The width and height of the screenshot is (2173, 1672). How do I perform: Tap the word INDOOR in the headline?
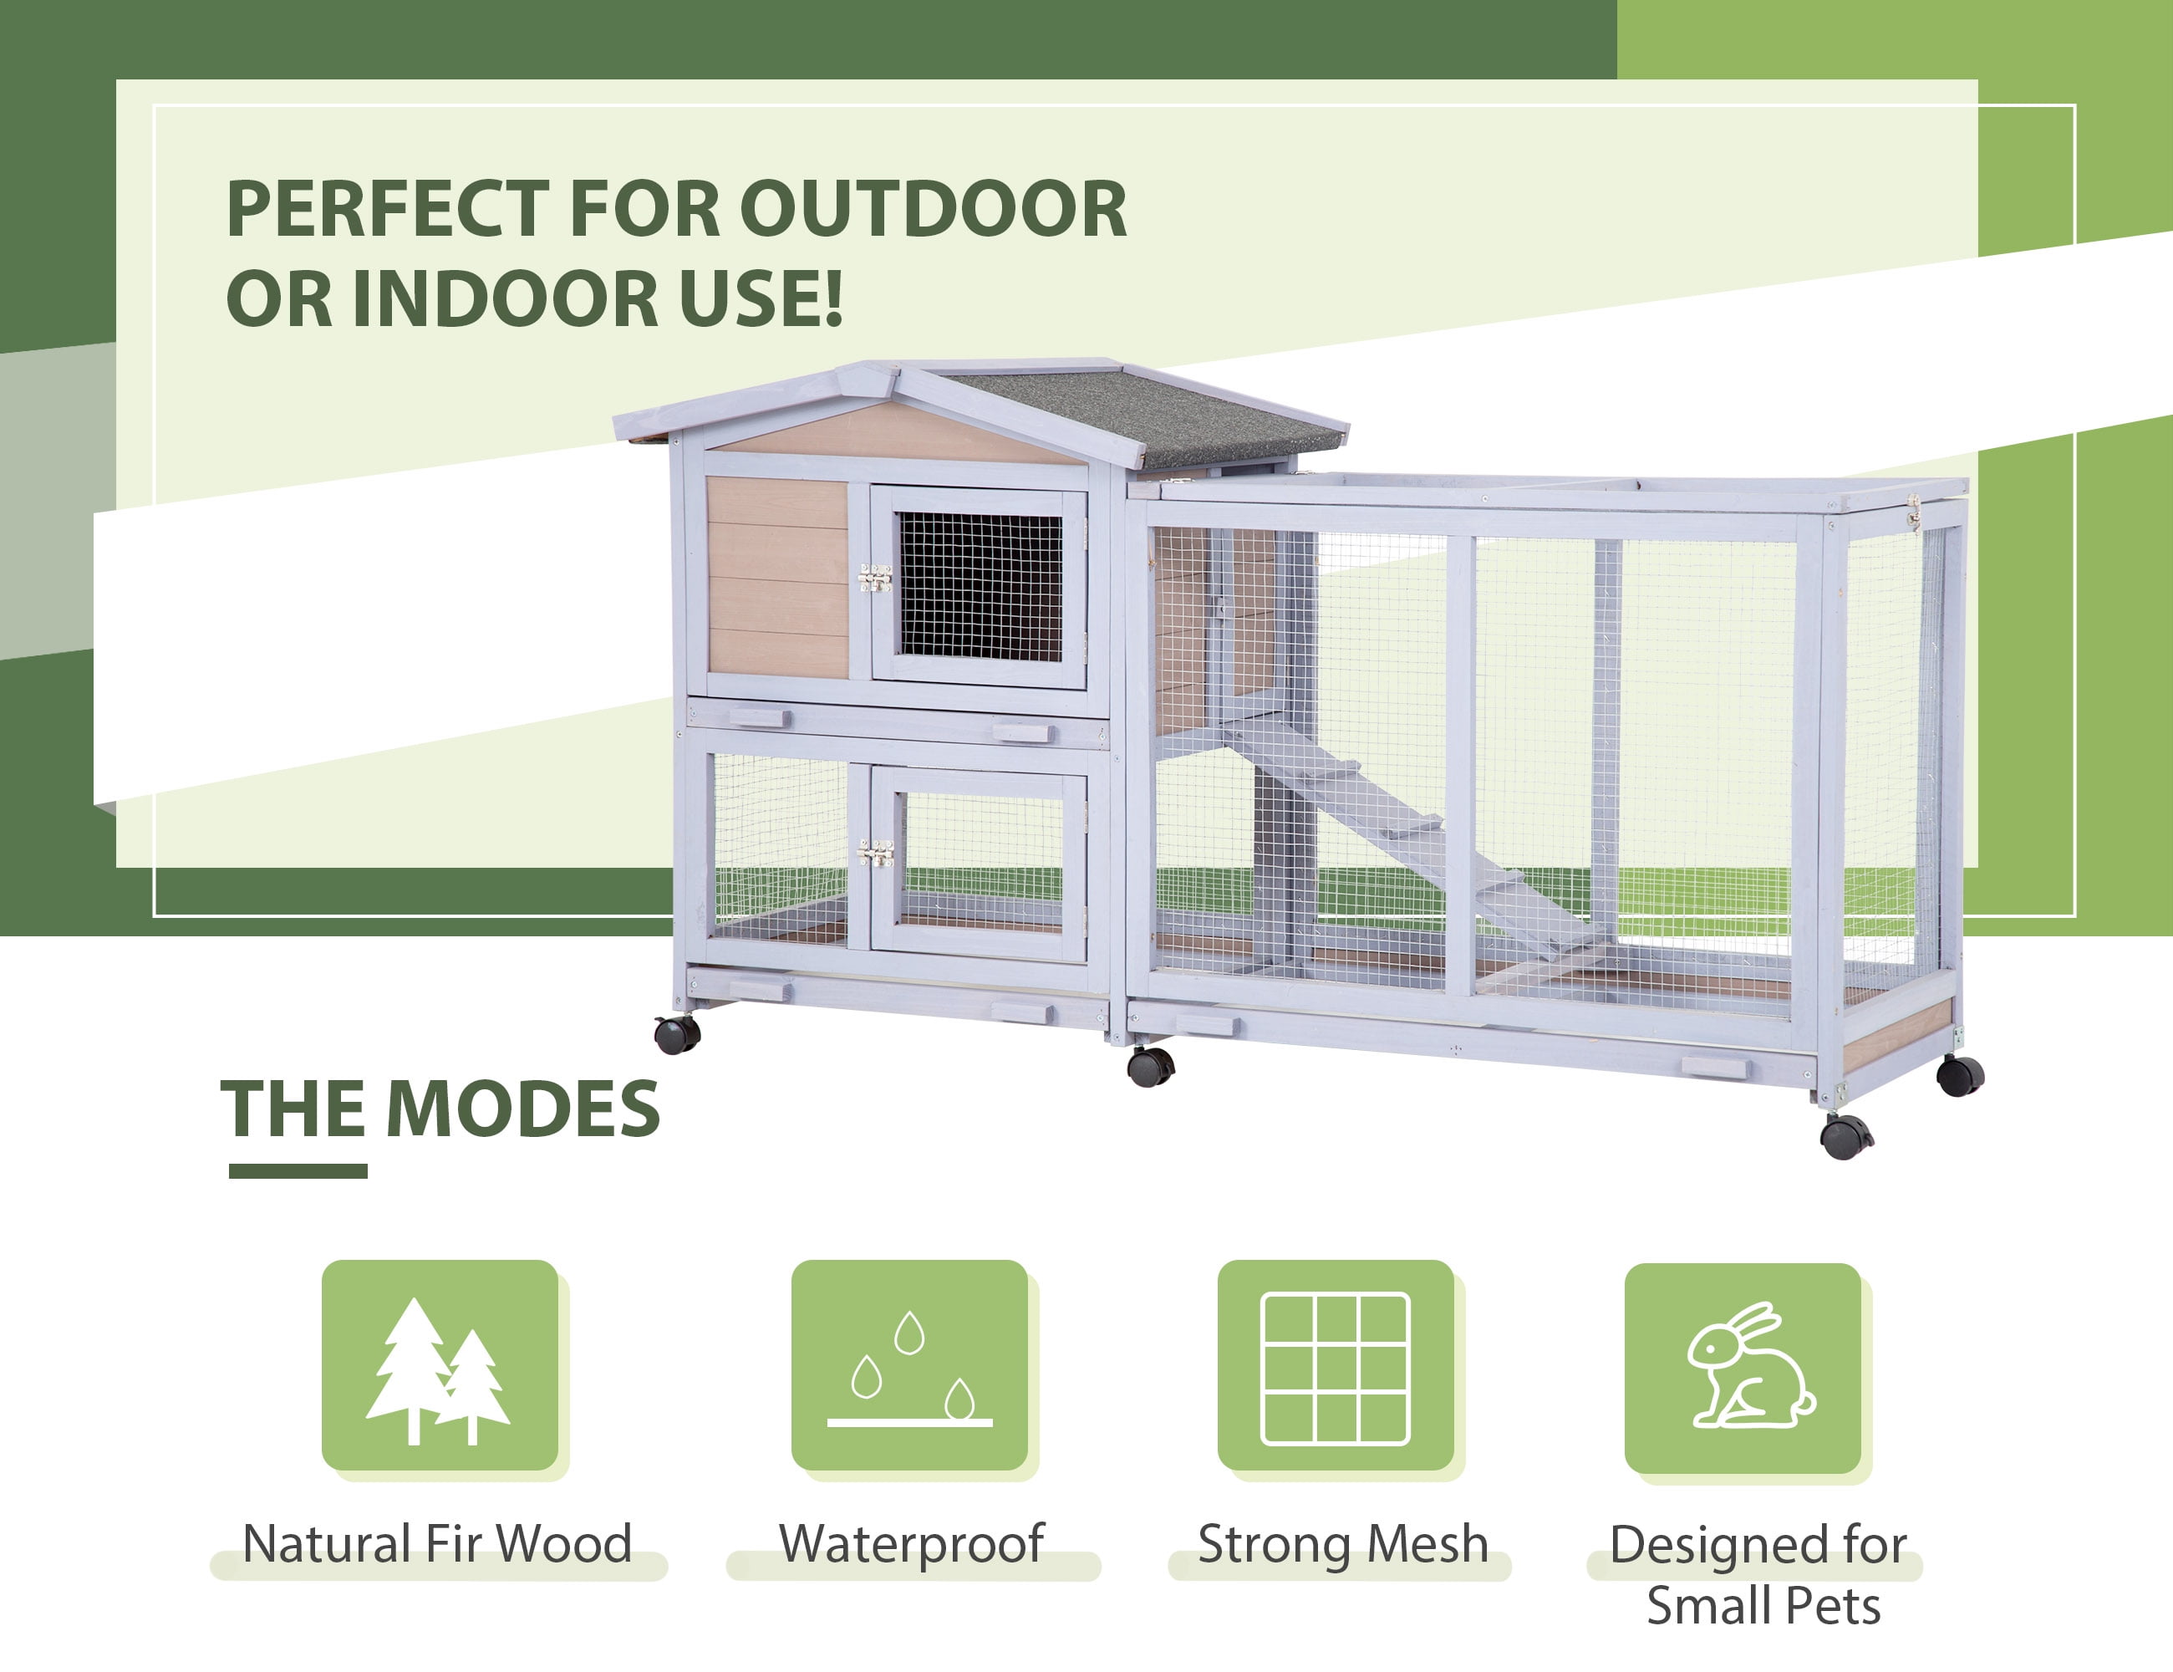click(505, 298)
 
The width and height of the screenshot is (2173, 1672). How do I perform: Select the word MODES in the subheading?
click(522, 1109)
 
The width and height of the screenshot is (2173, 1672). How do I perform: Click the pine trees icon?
click(438, 1370)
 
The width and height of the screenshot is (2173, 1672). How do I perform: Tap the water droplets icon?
click(909, 1369)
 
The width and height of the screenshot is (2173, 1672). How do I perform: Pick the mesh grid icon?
click(1336, 1369)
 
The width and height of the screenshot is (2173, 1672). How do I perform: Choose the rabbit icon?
click(1751, 1365)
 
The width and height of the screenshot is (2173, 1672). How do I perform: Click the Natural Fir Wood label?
click(438, 1543)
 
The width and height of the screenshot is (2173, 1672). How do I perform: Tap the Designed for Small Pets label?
click(1759, 1574)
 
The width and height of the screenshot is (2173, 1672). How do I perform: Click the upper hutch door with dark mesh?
click(979, 587)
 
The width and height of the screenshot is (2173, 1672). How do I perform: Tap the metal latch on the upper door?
click(874, 579)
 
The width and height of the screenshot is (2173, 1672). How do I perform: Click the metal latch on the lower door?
click(874, 853)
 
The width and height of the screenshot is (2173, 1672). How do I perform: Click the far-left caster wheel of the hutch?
click(678, 1034)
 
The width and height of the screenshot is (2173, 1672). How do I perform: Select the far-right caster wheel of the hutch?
click(1960, 1076)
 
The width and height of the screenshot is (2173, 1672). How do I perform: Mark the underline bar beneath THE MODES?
click(298, 1171)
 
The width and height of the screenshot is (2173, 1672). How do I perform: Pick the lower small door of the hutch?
click(979, 863)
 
